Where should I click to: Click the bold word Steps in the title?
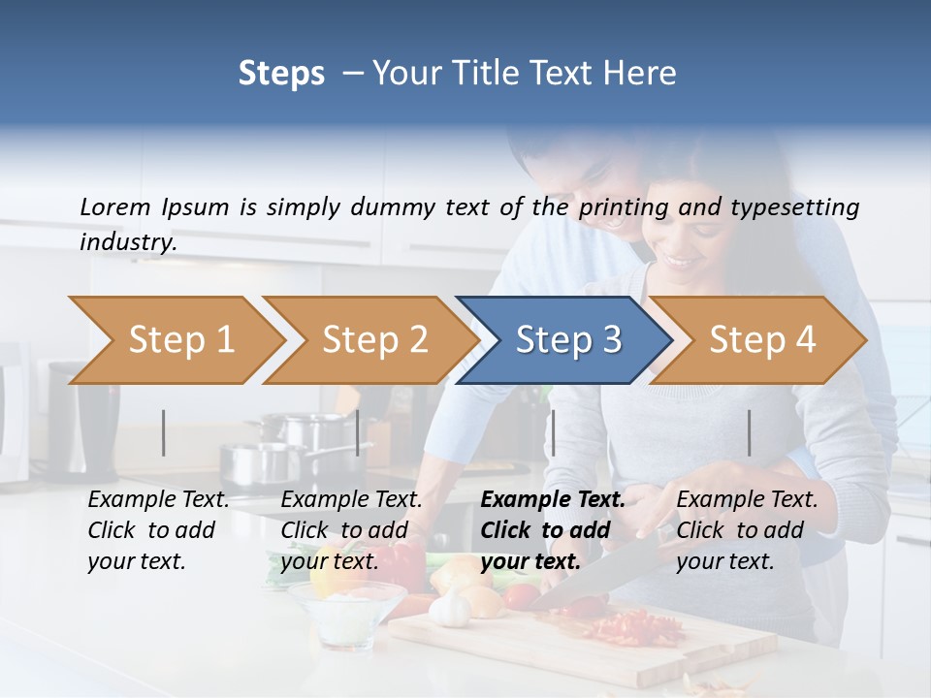coord(281,74)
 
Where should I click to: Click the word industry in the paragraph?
coord(127,242)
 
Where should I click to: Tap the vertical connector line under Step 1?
coord(164,432)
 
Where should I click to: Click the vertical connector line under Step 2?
coord(358,432)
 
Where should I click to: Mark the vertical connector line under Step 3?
coord(553,432)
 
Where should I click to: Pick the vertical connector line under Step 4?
coord(749,432)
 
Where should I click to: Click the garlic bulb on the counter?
coord(449,610)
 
